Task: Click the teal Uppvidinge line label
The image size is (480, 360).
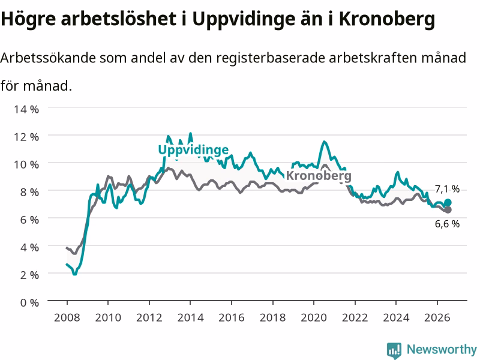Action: tap(193, 150)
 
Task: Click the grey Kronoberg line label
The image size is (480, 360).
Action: tap(319, 176)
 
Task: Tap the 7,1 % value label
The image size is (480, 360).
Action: tap(447, 189)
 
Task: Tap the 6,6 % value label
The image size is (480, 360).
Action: tap(447, 224)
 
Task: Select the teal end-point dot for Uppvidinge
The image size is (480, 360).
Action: tap(448, 203)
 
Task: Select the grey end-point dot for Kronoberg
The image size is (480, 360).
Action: tap(448, 209)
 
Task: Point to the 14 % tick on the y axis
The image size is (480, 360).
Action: tap(26, 109)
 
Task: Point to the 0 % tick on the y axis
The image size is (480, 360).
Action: tap(29, 302)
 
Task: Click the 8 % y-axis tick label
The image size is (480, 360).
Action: tap(29, 192)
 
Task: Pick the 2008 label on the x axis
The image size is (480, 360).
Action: tap(67, 317)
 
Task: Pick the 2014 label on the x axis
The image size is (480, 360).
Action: tap(190, 317)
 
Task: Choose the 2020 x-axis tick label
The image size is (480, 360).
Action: tap(314, 317)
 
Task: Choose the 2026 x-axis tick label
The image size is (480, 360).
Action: tap(437, 317)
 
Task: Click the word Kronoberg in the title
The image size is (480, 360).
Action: tap(386, 19)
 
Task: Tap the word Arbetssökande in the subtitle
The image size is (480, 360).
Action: tap(48, 58)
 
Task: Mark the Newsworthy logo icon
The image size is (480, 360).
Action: tap(394, 350)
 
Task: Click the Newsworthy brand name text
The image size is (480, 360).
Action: tap(442, 349)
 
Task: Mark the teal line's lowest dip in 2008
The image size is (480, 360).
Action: tap(74, 274)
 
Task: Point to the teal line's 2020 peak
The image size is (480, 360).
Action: tap(324, 142)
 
